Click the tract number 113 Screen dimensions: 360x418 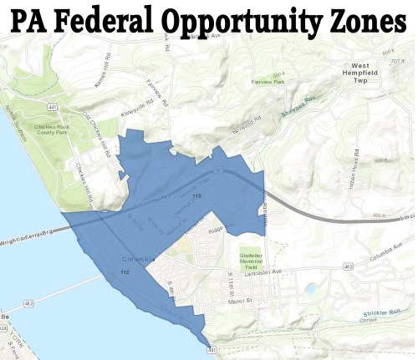197,195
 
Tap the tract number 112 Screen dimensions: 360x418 125,273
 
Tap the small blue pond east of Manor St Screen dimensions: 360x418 311,289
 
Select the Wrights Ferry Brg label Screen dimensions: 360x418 30,235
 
